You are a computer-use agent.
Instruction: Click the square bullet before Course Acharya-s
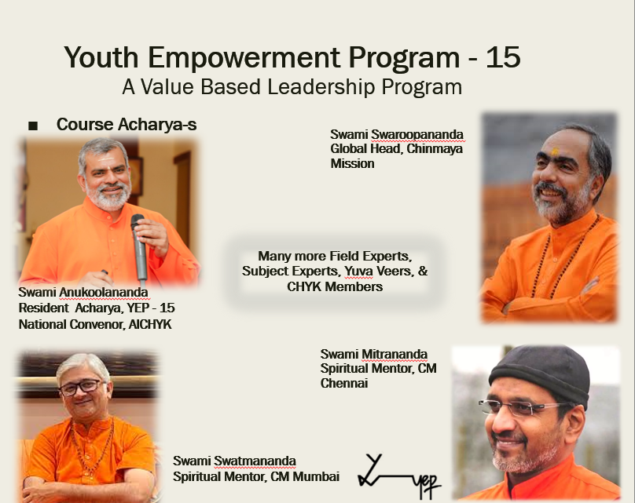[x=33, y=126]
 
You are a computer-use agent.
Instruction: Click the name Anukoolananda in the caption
[x=104, y=292]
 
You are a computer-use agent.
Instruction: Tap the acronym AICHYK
[x=150, y=324]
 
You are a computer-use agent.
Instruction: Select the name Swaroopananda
[x=417, y=135]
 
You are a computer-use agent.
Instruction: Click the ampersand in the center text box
[x=423, y=271]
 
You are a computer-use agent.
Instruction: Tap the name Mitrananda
[x=394, y=354]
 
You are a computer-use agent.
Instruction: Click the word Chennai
[x=344, y=383]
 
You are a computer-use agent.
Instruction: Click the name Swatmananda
[x=255, y=461]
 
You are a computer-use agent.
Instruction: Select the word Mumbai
[x=316, y=477]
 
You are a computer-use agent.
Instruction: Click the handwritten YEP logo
[x=399, y=476]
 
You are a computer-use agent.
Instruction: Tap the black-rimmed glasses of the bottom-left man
[x=82, y=388]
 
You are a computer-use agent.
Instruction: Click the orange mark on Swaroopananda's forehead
[x=555, y=151]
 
